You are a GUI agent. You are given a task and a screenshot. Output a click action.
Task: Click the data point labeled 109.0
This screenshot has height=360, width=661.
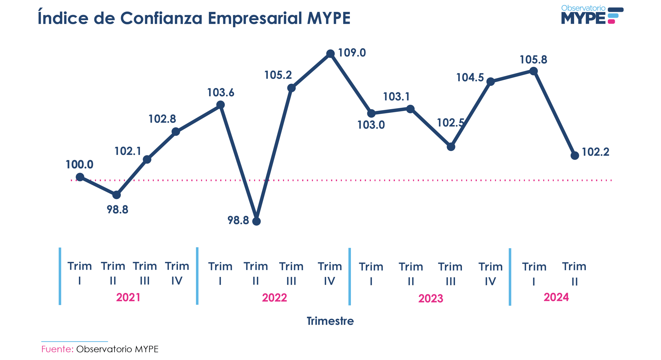(330, 54)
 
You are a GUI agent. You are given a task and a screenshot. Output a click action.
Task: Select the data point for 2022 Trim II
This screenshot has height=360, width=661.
(256, 221)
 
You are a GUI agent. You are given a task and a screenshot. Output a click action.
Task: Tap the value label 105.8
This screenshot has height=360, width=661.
(533, 60)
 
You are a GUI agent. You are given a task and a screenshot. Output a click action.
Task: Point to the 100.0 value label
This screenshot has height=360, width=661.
(79, 164)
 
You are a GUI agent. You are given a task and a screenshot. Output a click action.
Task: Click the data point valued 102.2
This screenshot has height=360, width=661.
(575, 155)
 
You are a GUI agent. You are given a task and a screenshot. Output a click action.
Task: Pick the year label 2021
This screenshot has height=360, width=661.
(128, 297)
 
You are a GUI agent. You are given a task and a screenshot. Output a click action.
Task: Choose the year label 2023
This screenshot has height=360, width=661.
(431, 298)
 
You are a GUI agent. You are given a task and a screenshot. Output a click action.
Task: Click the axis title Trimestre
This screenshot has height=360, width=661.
(330, 321)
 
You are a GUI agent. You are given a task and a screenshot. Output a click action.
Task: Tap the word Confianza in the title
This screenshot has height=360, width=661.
(161, 18)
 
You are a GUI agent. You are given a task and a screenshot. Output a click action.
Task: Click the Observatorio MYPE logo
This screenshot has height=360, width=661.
(592, 15)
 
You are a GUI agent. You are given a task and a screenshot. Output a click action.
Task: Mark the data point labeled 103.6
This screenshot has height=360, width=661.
(220, 105)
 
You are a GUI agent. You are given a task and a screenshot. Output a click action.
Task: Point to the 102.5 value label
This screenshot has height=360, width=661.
(450, 123)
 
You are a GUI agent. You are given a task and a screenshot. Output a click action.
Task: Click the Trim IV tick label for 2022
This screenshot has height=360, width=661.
(330, 273)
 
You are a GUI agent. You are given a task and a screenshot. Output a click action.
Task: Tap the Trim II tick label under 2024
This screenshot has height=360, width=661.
(574, 274)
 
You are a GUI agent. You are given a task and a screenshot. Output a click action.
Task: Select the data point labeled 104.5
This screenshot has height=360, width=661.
(490, 82)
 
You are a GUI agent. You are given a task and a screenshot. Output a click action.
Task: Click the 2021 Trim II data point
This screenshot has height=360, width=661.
(116, 195)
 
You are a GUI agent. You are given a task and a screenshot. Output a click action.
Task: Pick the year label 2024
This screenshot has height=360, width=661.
(556, 297)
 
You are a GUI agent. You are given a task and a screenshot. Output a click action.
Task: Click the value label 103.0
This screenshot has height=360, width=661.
(371, 125)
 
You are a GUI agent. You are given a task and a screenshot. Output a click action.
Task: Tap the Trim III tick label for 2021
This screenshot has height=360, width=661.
(145, 273)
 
